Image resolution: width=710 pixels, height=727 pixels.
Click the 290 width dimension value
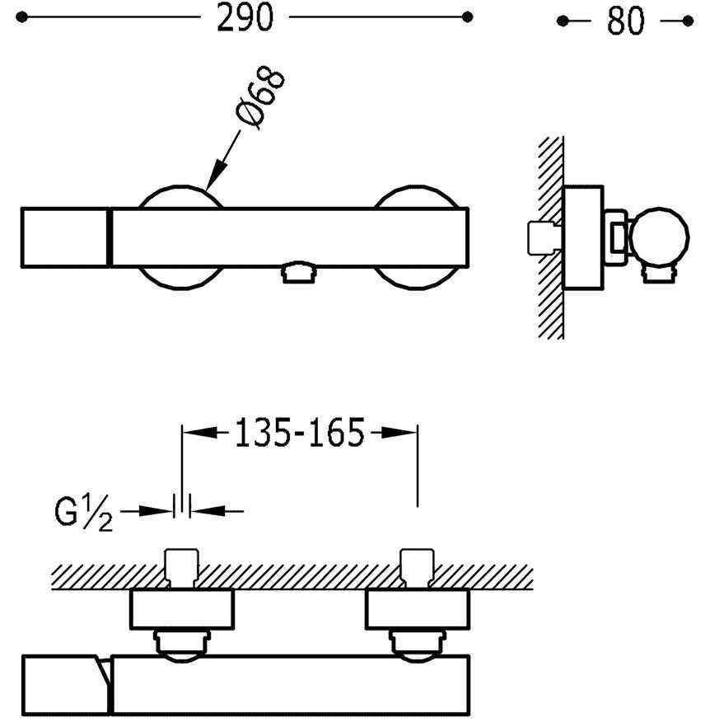pyautogui.click(x=244, y=18)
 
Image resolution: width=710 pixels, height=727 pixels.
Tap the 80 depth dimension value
pyautogui.click(x=625, y=21)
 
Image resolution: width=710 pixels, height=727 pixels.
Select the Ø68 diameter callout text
pyautogui.click(x=262, y=98)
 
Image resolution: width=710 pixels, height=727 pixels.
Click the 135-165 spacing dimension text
pyautogui.click(x=300, y=433)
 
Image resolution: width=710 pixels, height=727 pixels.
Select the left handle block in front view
pyautogui.click(x=63, y=237)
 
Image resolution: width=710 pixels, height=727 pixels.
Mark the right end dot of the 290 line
pyautogui.click(x=468, y=16)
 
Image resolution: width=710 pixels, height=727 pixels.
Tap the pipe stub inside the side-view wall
pyautogui.click(x=540, y=237)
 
